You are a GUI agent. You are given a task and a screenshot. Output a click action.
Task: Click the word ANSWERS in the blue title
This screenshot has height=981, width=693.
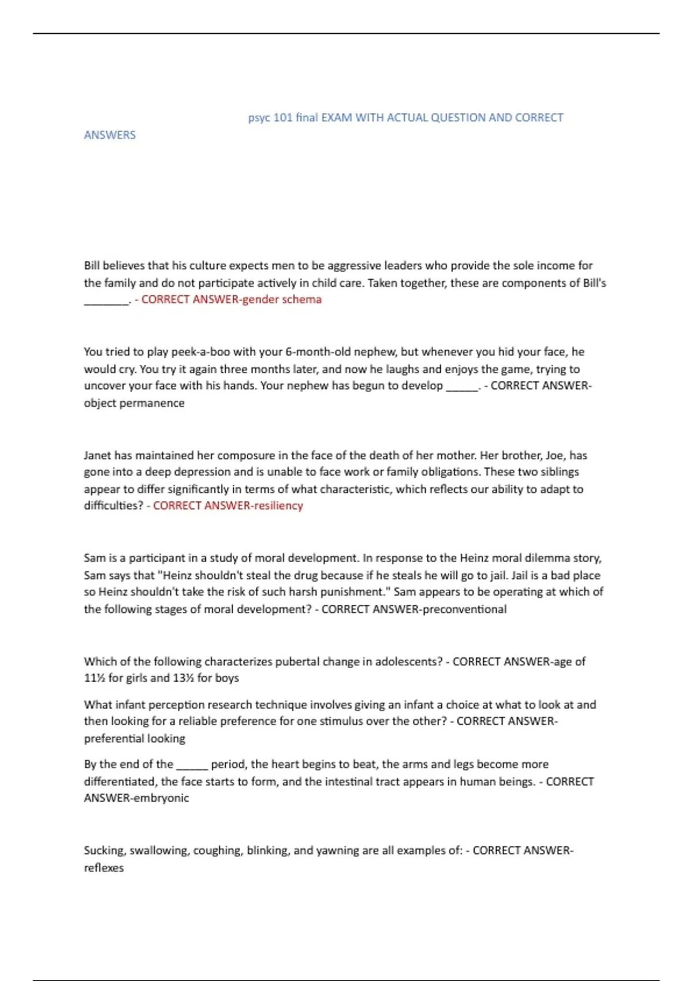tap(110, 135)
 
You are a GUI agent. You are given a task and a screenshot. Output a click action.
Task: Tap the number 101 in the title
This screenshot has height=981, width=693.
tap(283, 118)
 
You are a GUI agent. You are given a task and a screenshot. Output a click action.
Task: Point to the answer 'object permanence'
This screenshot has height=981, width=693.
tap(134, 403)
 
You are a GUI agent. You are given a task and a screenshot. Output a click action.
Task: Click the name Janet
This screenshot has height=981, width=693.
tap(98, 455)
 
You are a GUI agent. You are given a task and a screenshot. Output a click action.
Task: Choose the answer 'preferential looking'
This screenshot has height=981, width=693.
tap(135, 739)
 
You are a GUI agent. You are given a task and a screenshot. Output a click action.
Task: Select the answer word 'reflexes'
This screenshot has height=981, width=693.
tap(104, 868)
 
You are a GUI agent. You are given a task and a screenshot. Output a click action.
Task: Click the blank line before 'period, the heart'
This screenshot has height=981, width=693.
tap(192, 766)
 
